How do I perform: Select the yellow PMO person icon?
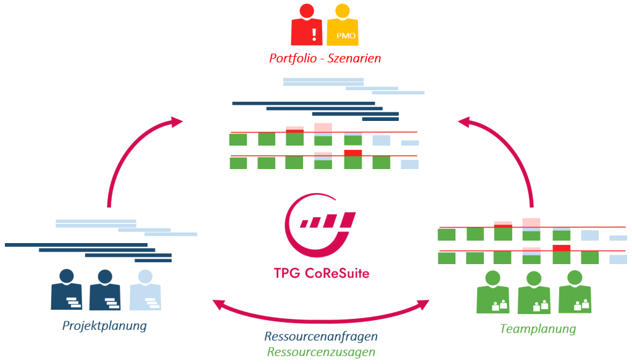(344, 27)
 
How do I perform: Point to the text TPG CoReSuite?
(321, 272)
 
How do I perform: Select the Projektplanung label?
(104, 325)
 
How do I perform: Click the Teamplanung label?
(537, 329)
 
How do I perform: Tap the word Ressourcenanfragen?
(321, 337)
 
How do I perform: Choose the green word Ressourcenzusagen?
(321, 352)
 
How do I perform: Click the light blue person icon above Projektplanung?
(145, 290)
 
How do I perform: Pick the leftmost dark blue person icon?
(67, 290)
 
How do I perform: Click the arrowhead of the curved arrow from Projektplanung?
(177, 122)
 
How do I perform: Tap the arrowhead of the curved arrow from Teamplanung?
(464, 122)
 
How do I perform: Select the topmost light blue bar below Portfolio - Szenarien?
(323, 80)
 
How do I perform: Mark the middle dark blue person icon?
(105, 290)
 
